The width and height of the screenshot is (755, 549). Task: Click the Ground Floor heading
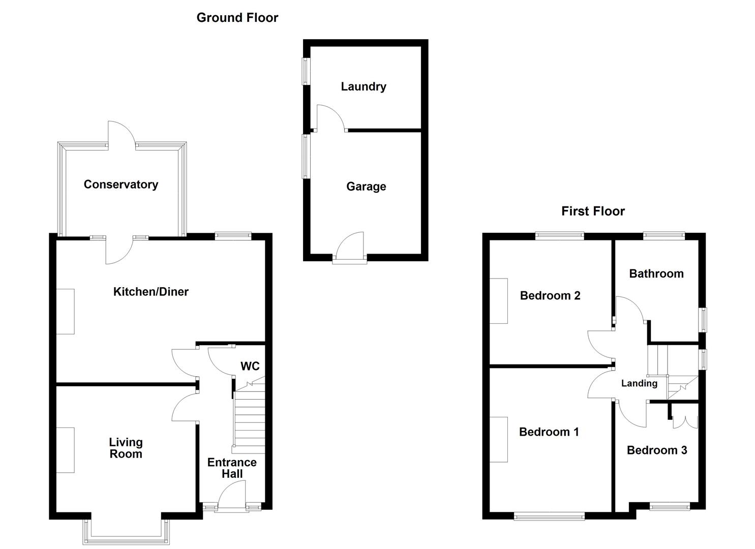click(x=237, y=18)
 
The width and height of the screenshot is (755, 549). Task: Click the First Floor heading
click(x=593, y=211)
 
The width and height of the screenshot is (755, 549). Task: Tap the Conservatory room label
click(x=120, y=185)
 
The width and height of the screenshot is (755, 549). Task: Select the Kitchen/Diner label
click(x=150, y=292)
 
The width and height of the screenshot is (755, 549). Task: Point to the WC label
click(x=250, y=366)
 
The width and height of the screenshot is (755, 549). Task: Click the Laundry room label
click(x=363, y=86)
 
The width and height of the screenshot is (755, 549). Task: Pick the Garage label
click(x=366, y=187)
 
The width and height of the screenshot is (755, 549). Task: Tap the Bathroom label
click(x=656, y=273)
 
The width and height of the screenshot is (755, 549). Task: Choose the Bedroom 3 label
click(x=656, y=450)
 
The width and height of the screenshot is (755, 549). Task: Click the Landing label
click(x=639, y=383)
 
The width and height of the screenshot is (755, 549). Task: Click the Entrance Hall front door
click(x=232, y=496)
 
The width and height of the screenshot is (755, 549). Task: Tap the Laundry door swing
click(x=329, y=118)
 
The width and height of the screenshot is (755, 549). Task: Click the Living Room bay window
click(x=126, y=534)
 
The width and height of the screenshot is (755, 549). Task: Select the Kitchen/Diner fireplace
click(x=65, y=312)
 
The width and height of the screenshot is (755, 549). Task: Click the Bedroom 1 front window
click(x=549, y=516)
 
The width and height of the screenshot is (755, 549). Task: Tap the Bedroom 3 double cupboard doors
click(x=685, y=422)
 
